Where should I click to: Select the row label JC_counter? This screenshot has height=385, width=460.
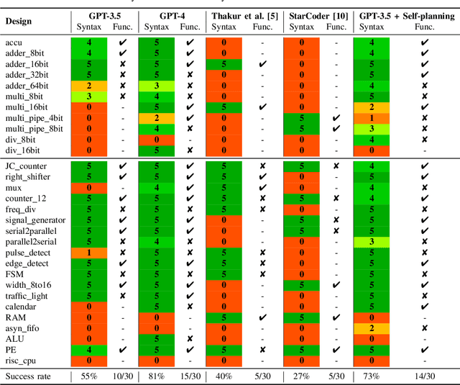(x=27, y=166)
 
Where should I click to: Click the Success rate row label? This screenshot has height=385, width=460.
(x=28, y=376)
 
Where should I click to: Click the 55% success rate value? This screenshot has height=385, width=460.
(x=88, y=376)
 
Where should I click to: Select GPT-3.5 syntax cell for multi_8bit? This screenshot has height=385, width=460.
(x=88, y=96)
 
